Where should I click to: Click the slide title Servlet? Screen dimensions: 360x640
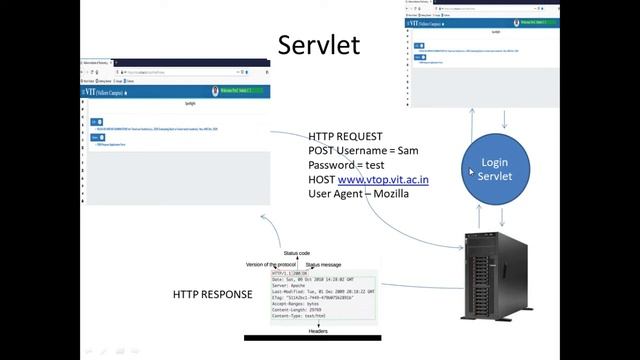coord(319,46)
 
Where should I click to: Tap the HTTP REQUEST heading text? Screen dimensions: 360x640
coord(344,136)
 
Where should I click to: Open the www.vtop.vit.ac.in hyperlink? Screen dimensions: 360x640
coord(384,178)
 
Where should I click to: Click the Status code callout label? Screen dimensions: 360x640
coord(298,254)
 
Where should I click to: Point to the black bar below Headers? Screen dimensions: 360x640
coord(311,338)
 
